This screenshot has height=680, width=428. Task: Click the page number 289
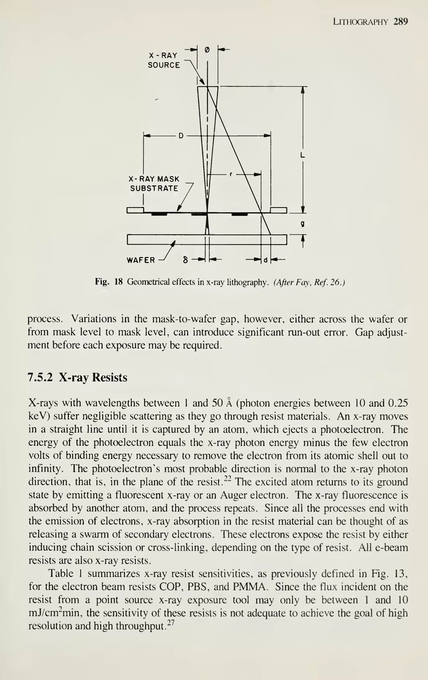click(400, 22)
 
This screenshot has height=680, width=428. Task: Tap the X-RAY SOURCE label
click(164, 60)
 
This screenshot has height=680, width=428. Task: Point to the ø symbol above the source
click(207, 50)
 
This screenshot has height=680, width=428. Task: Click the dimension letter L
click(302, 155)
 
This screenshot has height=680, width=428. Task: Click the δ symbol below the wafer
click(185, 260)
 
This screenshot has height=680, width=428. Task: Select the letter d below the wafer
click(265, 260)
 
